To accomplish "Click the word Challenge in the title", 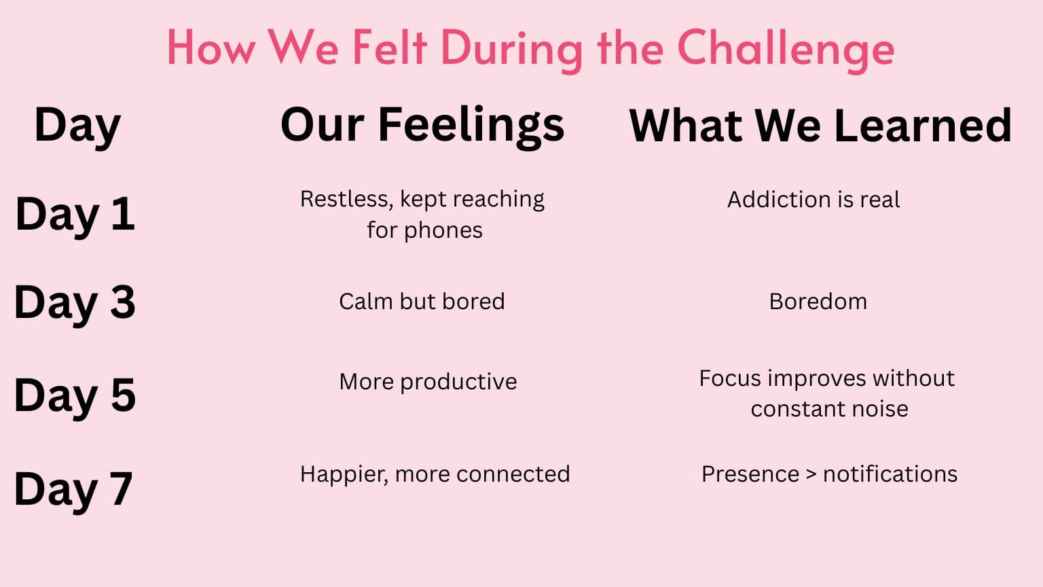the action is [786, 50].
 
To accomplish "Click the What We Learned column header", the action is [820, 125].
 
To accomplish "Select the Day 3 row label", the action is [75, 303].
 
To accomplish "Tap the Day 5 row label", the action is [75, 397].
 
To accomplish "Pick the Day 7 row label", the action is [73, 490].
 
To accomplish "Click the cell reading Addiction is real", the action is [813, 200].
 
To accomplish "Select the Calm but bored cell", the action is [422, 302].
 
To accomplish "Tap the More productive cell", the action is [428, 383].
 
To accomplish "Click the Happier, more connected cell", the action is [435, 475].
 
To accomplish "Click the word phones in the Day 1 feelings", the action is [443, 230].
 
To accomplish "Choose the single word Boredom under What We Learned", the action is [818, 302].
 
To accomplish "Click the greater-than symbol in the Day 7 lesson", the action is [811, 475].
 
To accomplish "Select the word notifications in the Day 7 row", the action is [890, 474].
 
